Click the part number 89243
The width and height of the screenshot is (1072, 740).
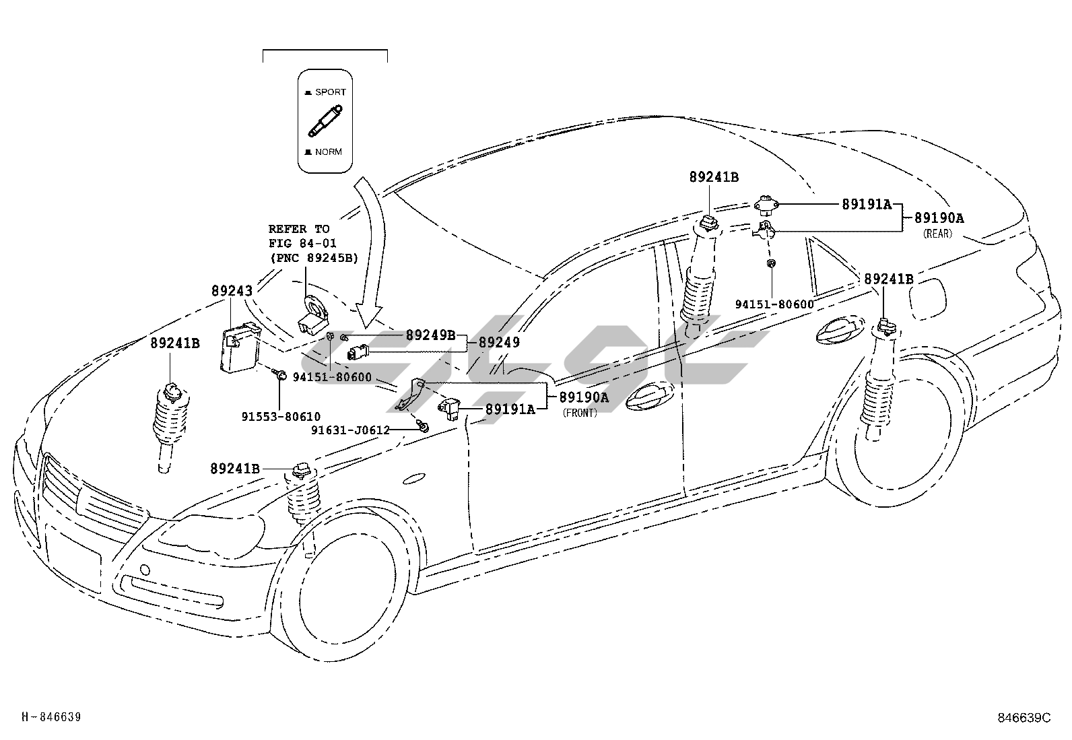coord(232,291)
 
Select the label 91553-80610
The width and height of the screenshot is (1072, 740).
coord(281,417)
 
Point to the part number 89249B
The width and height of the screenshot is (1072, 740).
coord(430,335)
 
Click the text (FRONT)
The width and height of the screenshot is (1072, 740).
coord(580,413)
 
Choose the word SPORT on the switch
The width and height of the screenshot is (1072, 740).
coord(330,92)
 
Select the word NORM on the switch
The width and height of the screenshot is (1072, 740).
coord(328,152)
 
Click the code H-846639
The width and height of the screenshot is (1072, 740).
coord(51,717)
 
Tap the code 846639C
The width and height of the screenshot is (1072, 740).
coord(1024,718)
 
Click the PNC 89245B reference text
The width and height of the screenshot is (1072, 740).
coord(313,257)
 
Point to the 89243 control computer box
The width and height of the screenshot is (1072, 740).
coord(240,347)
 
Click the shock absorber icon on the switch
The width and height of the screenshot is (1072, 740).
coord(325,121)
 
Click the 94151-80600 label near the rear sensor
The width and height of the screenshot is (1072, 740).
coord(774,304)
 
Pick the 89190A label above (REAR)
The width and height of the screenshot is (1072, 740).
coord(939,218)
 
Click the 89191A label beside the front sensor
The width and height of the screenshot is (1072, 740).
coord(510,409)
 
